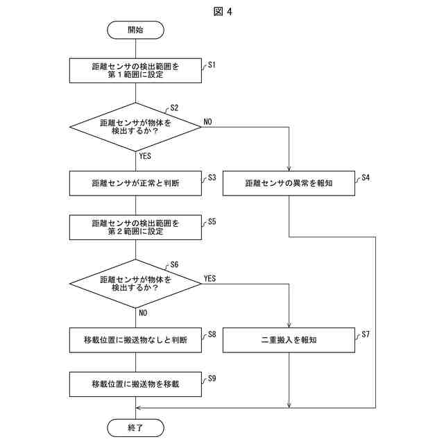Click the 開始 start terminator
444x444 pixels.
135,30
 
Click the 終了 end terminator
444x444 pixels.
135,427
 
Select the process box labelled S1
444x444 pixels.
135,71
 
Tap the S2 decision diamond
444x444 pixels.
135,127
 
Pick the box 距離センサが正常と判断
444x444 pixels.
135,183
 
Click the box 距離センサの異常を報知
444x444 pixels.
289,183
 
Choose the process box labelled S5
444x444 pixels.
135,228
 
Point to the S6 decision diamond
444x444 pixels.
135,284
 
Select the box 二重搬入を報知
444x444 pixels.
289,340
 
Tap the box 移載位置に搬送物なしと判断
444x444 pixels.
135,340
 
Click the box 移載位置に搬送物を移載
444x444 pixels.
135,384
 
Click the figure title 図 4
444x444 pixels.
223,12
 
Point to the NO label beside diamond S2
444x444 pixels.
207,122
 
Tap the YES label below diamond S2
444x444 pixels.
145,156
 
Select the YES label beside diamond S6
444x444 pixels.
210,279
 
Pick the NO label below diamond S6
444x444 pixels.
143,313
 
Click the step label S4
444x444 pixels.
366,178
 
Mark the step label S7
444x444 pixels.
366,334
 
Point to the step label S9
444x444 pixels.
212,378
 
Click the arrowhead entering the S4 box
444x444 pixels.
289,169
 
